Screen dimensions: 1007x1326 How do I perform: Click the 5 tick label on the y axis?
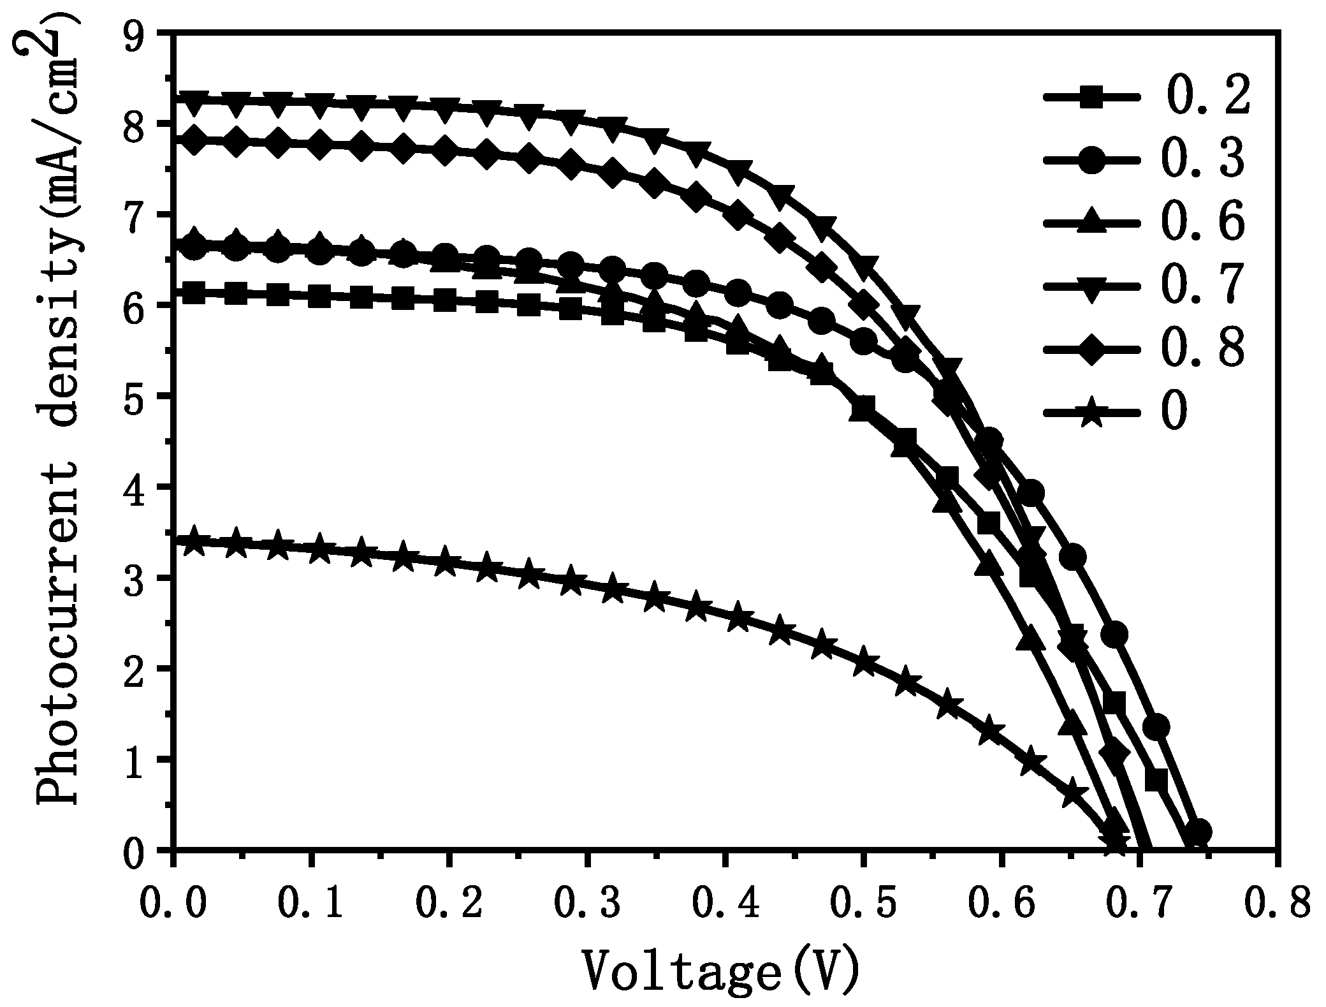pyautogui.click(x=142, y=396)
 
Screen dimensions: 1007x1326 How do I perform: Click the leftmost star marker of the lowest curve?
pyautogui.click(x=194, y=542)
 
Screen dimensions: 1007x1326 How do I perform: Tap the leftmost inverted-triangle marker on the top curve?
pyautogui.click(x=194, y=102)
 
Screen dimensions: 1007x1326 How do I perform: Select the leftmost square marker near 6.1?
pyautogui.click(x=194, y=294)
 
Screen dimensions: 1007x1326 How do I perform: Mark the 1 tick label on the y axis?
pyautogui.click(x=142, y=760)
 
